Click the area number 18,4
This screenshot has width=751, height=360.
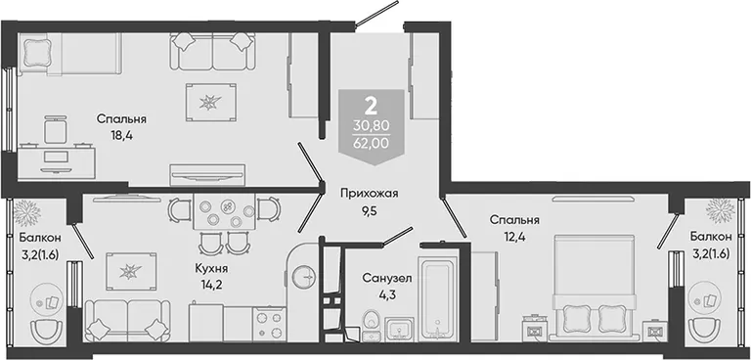click(x=120, y=136)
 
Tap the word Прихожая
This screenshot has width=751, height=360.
click(x=370, y=194)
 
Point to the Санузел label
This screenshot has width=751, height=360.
click(x=386, y=278)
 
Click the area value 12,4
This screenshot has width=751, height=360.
click(x=515, y=237)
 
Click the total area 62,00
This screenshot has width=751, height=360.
click(x=372, y=143)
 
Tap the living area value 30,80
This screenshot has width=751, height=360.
click(x=372, y=126)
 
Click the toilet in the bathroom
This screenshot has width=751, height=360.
click(x=372, y=326)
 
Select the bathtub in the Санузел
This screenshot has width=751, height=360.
click(x=438, y=299)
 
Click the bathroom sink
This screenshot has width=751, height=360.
click(x=398, y=330)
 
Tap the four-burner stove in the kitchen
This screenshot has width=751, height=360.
click(x=269, y=324)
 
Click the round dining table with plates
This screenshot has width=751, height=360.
click(x=225, y=211)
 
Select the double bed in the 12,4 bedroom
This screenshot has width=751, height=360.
click(x=596, y=288)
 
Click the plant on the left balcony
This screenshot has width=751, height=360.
click(x=25, y=211)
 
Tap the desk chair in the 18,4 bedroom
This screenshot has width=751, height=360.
click(x=56, y=129)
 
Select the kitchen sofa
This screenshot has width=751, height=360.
click(x=127, y=320)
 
